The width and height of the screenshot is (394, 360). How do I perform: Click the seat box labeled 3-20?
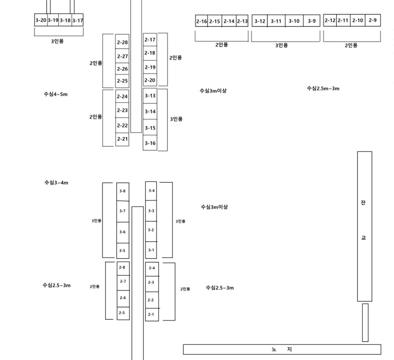pos(40,20)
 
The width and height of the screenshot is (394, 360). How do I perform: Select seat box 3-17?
pos(78,20)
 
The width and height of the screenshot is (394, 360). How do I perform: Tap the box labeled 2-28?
pos(122,42)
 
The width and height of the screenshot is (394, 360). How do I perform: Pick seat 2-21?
pos(122,139)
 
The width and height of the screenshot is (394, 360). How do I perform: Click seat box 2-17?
pos(150,40)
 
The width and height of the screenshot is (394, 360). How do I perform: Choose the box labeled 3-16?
pos(150,143)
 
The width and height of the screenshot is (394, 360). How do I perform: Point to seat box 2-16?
pos(201,21)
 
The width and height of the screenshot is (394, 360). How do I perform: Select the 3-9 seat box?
pos(311,21)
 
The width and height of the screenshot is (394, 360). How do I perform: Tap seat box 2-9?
pos(373,21)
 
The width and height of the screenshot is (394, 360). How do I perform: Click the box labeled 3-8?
pos(123,191)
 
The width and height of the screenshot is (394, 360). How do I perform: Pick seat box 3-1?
pos(151,250)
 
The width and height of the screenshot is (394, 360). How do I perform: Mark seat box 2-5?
pos(122,312)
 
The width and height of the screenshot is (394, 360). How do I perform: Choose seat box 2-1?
pos(151,314)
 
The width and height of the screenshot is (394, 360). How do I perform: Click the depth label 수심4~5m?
pos(55,94)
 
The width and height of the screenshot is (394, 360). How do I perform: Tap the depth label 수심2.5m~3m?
pos(323,88)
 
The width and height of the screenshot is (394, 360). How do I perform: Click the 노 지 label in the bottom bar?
pos(282,349)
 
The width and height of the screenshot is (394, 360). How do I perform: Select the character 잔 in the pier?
pos(364,203)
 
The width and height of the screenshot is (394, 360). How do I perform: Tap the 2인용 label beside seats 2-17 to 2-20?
pos(175,57)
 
